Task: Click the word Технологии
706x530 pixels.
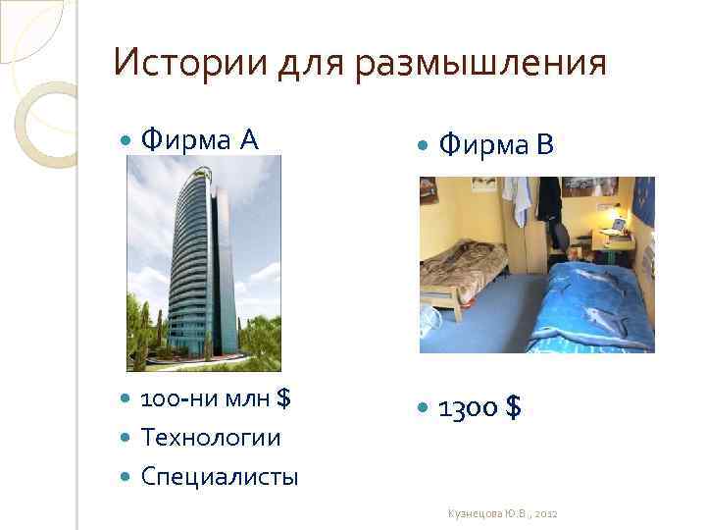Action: tap(210, 438)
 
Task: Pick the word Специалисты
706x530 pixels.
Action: tap(220, 477)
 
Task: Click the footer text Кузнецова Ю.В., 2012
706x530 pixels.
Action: tap(501, 514)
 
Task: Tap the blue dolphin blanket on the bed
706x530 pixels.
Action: tap(588, 304)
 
